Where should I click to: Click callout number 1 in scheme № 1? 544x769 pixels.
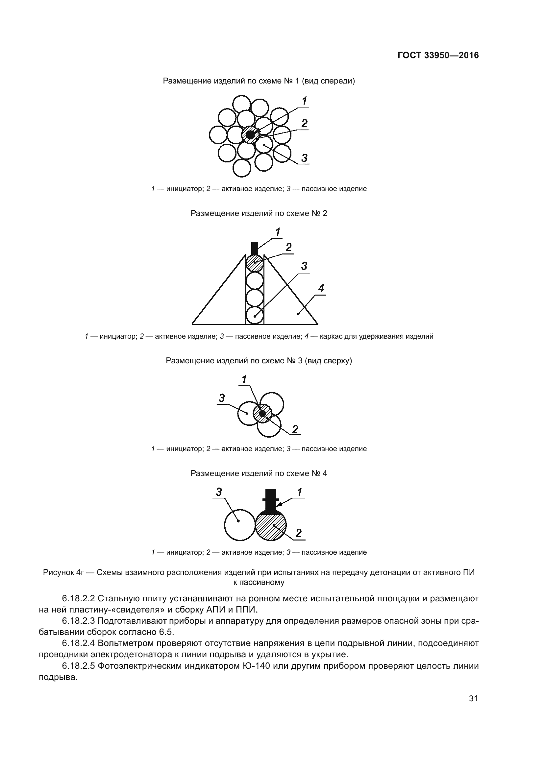[x=305, y=101]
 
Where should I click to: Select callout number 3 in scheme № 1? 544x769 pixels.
[x=304, y=158]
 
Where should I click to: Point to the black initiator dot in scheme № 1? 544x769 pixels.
[x=250, y=135]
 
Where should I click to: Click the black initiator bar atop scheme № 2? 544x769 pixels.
[x=255, y=248]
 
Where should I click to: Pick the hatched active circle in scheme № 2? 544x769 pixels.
[x=255, y=263]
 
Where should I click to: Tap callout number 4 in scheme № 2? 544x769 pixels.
[x=321, y=288]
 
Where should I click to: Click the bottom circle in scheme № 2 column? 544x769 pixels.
[x=255, y=316]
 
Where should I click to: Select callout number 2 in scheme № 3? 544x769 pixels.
[x=295, y=429]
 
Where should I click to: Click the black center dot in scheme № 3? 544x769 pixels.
[x=262, y=413]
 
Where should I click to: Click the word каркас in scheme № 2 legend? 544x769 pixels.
[x=330, y=336]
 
